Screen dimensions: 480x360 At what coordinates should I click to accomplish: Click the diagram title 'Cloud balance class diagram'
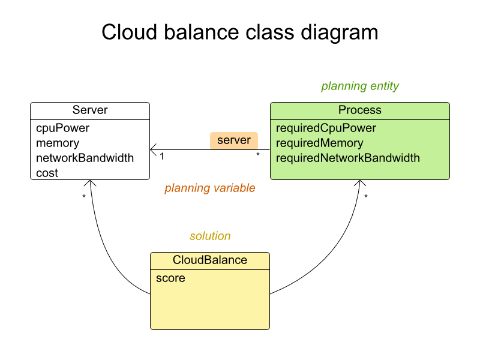click(x=239, y=32)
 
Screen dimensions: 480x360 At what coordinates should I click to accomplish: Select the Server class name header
click(x=90, y=110)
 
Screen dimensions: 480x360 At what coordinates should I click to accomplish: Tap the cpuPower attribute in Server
click(x=62, y=128)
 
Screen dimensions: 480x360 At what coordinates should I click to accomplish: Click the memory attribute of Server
click(x=58, y=143)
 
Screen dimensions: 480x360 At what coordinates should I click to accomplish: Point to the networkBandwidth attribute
click(x=85, y=158)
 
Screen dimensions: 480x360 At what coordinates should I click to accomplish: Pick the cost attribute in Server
click(x=47, y=173)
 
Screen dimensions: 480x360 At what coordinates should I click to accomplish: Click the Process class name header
click(x=359, y=110)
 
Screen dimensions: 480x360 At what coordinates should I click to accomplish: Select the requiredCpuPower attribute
click(x=326, y=128)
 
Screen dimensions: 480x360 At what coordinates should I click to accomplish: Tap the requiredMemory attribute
click(x=320, y=143)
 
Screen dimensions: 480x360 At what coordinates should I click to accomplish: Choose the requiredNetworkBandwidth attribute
click(x=348, y=158)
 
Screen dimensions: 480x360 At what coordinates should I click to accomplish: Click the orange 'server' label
click(x=234, y=140)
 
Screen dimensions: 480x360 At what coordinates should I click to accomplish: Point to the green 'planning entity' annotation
click(x=360, y=86)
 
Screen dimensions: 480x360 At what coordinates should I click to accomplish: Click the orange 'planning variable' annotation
click(x=209, y=188)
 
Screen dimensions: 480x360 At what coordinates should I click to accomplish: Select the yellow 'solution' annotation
click(x=210, y=236)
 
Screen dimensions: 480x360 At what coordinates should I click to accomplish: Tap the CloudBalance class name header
click(x=209, y=260)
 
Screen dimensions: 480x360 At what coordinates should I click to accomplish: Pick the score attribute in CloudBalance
click(x=170, y=278)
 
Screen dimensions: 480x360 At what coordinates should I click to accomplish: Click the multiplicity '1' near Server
click(x=162, y=157)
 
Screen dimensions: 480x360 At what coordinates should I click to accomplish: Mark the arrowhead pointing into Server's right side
click(x=153, y=149)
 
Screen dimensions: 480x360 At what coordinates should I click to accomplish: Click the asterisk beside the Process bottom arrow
click(x=366, y=197)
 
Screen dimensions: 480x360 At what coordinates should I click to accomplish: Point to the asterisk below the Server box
click(x=84, y=197)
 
